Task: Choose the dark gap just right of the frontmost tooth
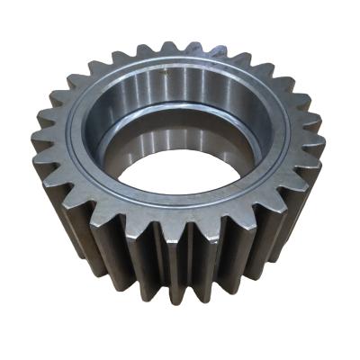(x=200, y=261)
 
